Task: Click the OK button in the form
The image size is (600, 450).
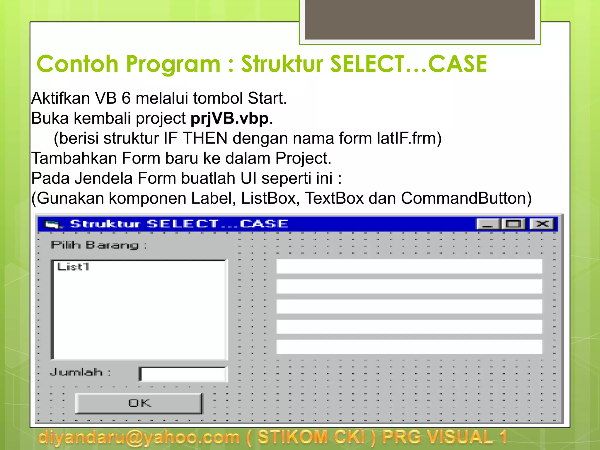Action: tap(139, 403)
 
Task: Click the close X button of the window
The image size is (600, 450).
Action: tap(542, 224)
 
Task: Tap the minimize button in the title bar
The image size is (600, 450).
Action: tap(488, 224)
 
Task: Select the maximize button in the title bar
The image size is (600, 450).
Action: tap(514, 224)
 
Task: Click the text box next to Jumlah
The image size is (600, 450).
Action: tap(183, 374)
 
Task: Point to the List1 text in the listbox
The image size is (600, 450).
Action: tap(73, 267)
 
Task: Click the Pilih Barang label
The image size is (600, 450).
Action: tap(99, 245)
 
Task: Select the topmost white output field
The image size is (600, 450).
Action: tap(409, 266)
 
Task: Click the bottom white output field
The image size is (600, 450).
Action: tap(409, 347)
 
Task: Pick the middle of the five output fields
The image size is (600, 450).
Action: tap(409, 306)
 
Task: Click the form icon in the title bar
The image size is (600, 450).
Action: tap(53, 224)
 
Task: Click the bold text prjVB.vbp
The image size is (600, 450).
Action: tap(230, 118)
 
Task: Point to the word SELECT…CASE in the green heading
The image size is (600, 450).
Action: tap(408, 64)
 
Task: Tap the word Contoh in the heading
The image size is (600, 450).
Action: tap(77, 64)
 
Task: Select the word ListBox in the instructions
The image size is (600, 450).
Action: tap(268, 198)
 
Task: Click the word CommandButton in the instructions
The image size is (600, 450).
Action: tap(466, 198)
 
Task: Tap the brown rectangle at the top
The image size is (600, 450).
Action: tap(420, 20)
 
